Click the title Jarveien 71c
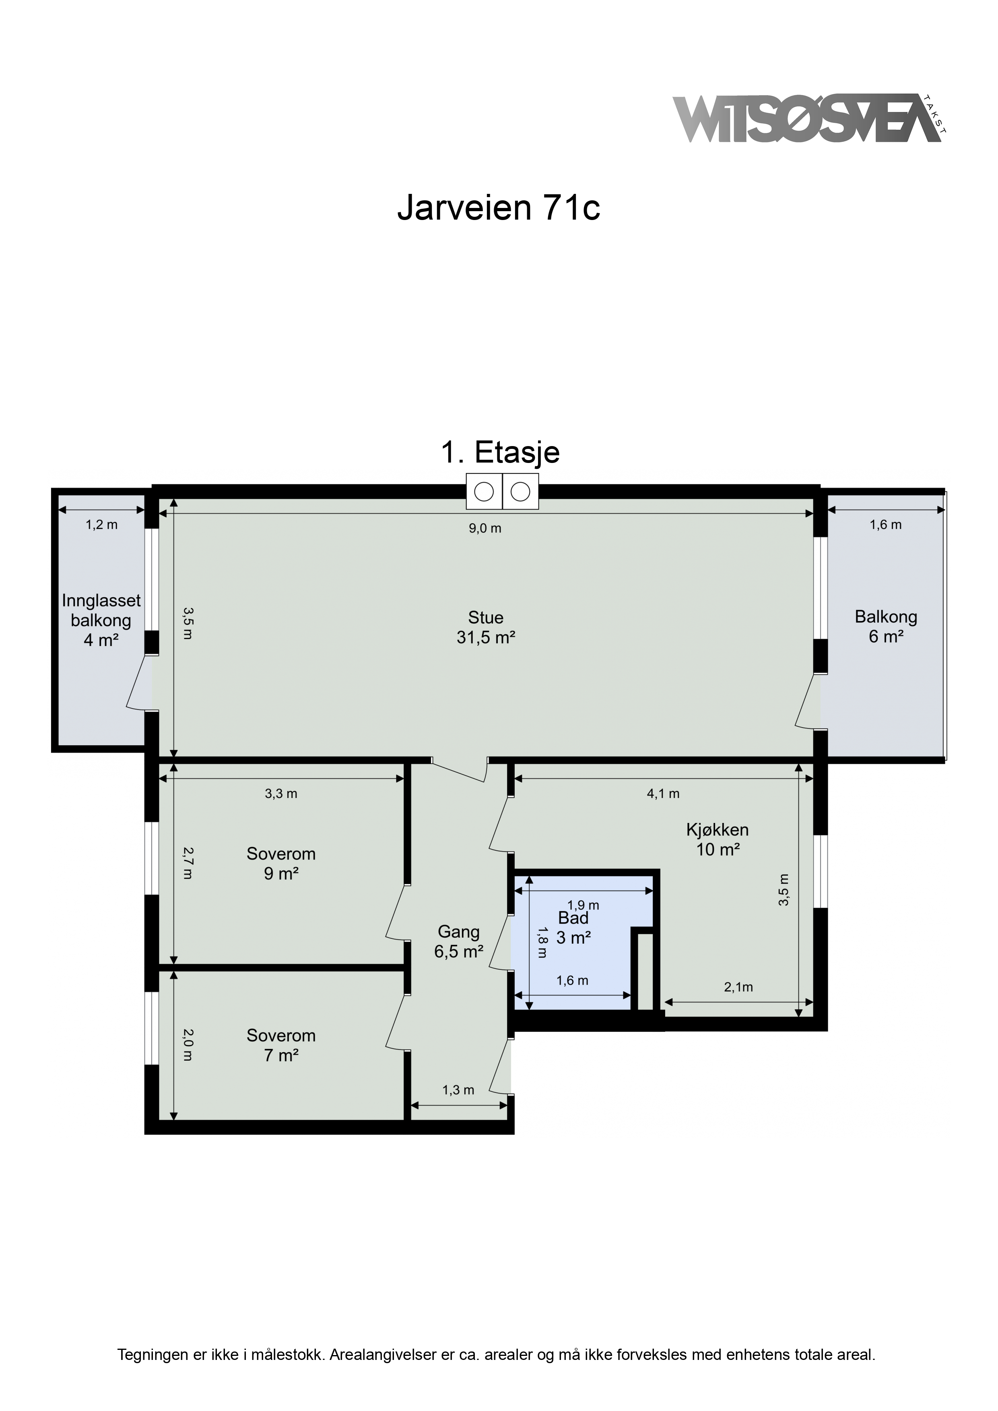(499, 208)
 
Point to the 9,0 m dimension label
(485, 529)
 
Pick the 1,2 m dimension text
(101, 525)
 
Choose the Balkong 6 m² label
(886, 626)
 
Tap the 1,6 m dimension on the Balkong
(885, 525)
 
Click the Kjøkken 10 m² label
(718, 839)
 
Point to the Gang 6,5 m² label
(459, 942)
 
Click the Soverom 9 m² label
(281, 864)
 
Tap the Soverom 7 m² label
(281, 1045)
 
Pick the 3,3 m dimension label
(281, 794)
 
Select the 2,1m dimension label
(738, 987)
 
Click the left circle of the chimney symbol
(485, 492)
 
